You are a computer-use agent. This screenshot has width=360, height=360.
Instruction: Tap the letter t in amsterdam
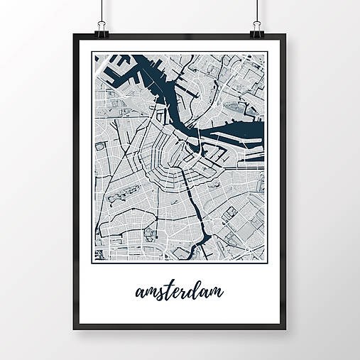168,290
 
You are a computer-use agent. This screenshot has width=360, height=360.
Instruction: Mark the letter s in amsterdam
160,293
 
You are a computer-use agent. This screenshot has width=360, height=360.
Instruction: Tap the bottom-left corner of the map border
93,262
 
